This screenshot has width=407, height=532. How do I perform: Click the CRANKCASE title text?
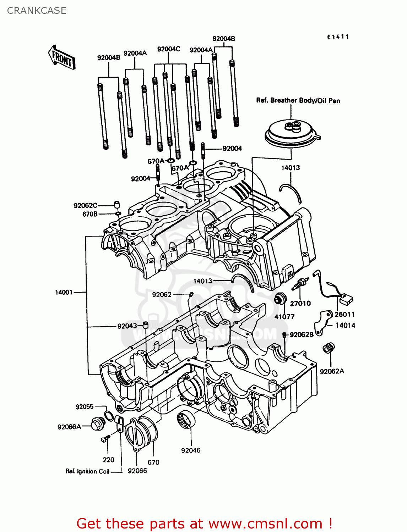tap(37, 11)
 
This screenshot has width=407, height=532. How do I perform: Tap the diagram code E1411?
tap(338, 37)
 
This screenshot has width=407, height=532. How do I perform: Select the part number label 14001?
tap(64, 292)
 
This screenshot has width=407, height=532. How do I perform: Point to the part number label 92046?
tap(191, 450)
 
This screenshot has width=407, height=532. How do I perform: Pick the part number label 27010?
tap(300, 303)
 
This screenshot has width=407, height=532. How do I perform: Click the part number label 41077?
tap(284, 317)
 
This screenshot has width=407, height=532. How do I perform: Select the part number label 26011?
tap(344, 314)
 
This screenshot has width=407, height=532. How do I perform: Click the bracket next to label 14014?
tap(322, 323)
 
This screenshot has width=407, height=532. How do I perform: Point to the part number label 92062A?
tap(332, 371)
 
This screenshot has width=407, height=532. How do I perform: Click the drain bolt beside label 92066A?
tap(97, 423)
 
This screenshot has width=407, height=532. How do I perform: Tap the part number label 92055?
tap(85, 407)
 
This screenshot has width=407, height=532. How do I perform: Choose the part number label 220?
tap(108, 460)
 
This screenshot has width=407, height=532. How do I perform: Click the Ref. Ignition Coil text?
tap(87, 471)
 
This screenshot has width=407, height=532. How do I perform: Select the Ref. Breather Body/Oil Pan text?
tap(298, 100)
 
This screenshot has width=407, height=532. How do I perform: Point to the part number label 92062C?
tap(85, 205)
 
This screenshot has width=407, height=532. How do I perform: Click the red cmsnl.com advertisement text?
tap(204, 523)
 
